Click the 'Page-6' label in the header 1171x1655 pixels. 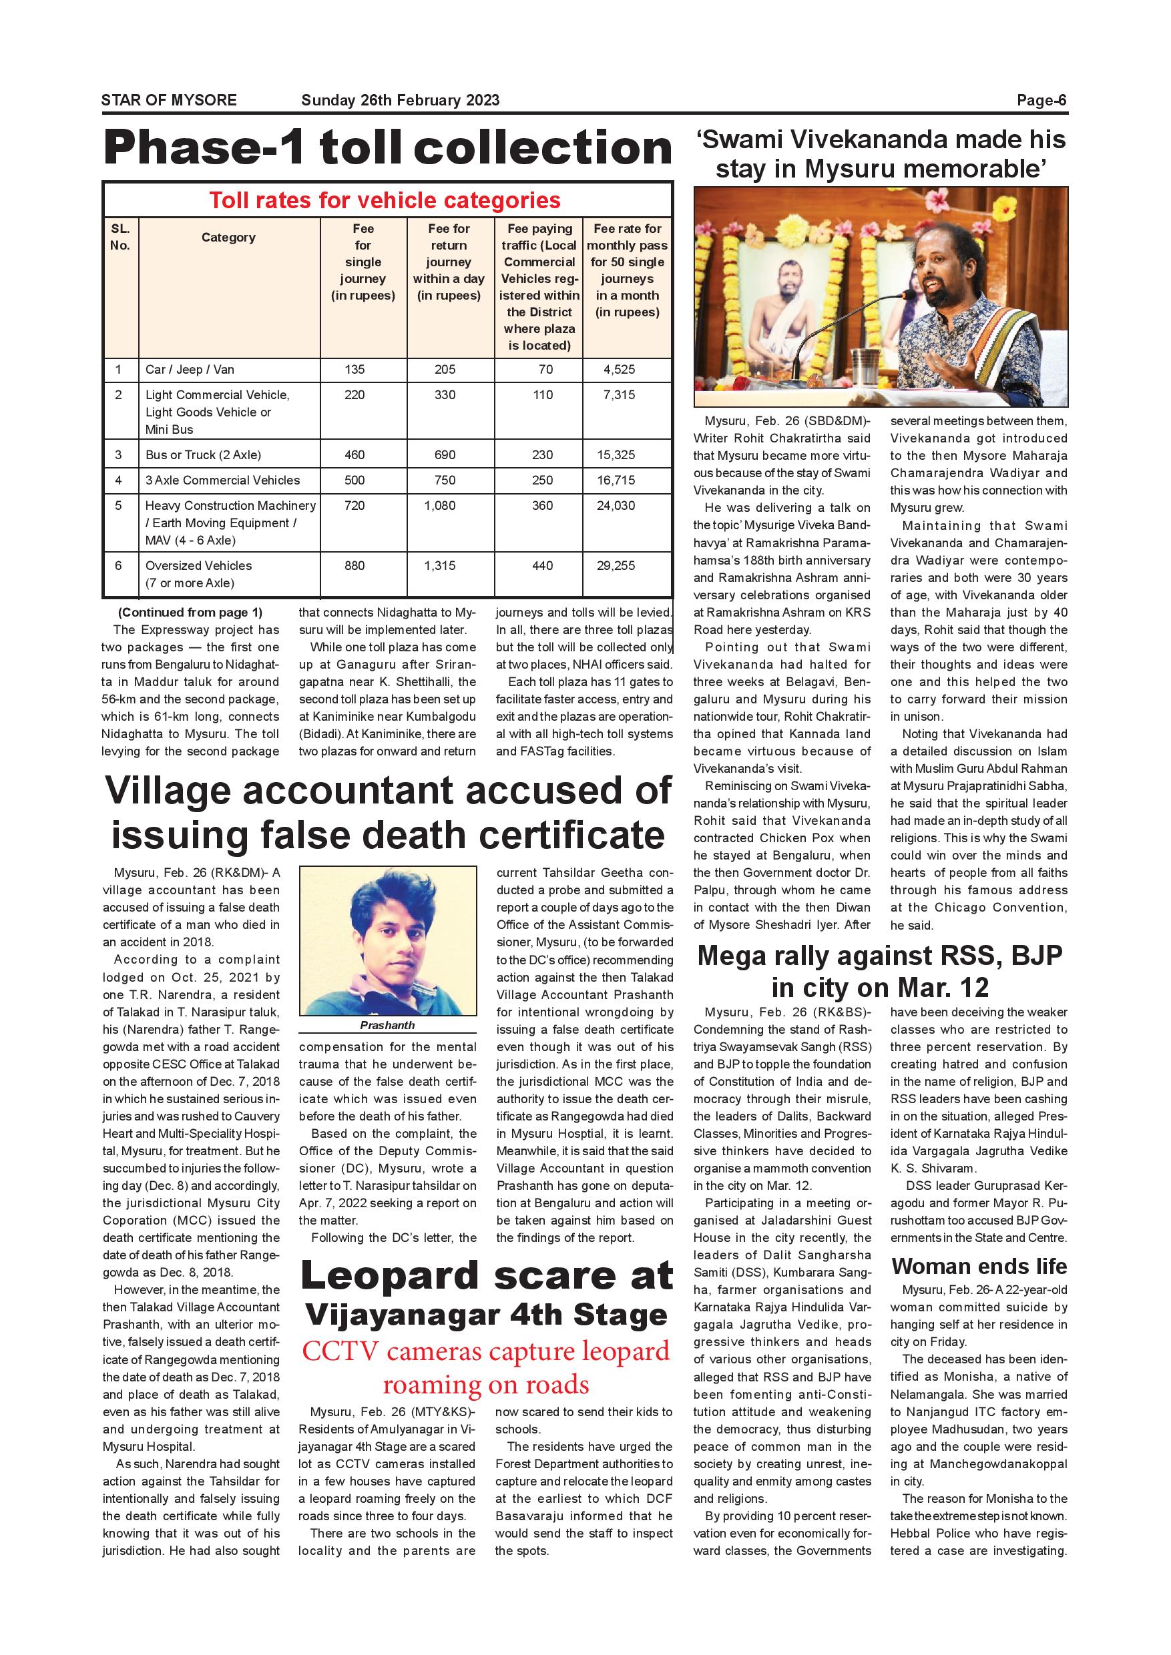(x=1041, y=100)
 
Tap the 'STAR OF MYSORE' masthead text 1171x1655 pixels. (x=169, y=100)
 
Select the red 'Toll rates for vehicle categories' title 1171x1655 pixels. (x=385, y=200)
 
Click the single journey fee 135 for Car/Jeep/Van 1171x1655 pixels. (x=355, y=370)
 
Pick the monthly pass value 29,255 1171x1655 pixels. (x=616, y=566)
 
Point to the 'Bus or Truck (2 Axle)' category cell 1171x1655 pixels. (x=204, y=455)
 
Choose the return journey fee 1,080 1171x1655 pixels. (x=440, y=506)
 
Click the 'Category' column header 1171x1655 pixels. (x=228, y=237)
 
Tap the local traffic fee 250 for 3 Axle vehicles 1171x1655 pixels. (x=542, y=480)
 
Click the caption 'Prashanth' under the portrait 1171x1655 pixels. (x=387, y=1025)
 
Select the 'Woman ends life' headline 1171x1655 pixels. (x=979, y=1266)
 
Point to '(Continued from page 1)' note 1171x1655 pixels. (x=190, y=613)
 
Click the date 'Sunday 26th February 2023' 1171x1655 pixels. (x=400, y=100)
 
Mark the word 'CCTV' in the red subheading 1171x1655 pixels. (x=340, y=1351)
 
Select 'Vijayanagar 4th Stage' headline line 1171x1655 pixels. (x=486, y=1315)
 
